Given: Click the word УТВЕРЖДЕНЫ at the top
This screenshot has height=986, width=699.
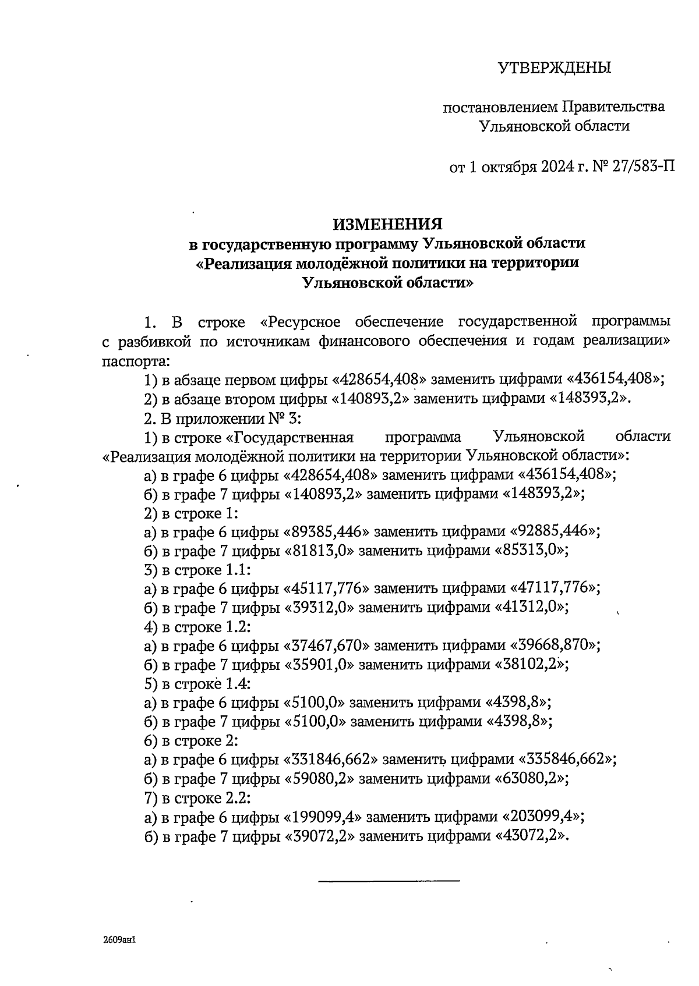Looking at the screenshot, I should (554, 68).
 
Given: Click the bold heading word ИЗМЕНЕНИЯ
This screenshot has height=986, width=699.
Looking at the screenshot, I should (387, 224).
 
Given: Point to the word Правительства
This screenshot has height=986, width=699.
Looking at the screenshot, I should (613, 107).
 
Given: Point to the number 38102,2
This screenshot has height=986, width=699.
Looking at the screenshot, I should (531, 664).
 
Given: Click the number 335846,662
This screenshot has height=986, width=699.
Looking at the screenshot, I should (567, 759).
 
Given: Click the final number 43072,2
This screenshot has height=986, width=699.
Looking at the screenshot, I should (531, 835).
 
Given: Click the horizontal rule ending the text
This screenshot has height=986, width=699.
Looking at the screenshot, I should (389, 880).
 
